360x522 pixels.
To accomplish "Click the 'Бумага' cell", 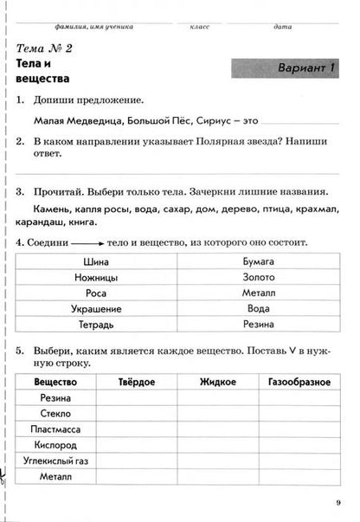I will pos(259,261).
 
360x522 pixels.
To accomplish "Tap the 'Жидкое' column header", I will pos(217,382).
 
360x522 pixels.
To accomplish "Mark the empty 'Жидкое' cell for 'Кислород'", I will pos(217,445).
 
